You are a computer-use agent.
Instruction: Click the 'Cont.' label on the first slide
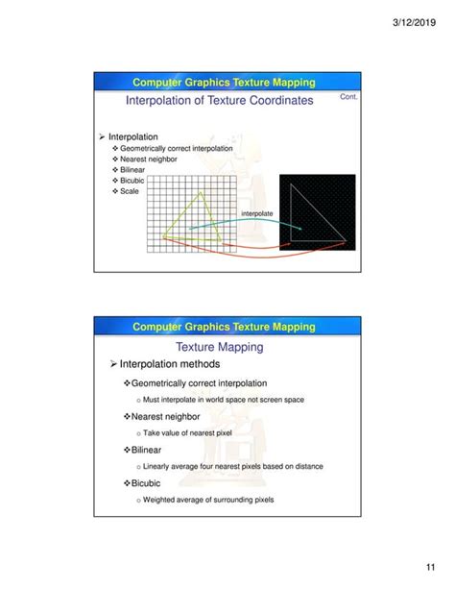pyautogui.click(x=350, y=96)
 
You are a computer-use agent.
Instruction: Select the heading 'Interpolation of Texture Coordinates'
pyautogui.click(x=219, y=100)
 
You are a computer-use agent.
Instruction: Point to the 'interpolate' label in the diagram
pyautogui.click(x=256, y=212)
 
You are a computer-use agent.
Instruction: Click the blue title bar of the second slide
pyautogui.click(x=223, y=327)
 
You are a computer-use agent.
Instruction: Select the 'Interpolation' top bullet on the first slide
pyautogui.click(x=132, y=136)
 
